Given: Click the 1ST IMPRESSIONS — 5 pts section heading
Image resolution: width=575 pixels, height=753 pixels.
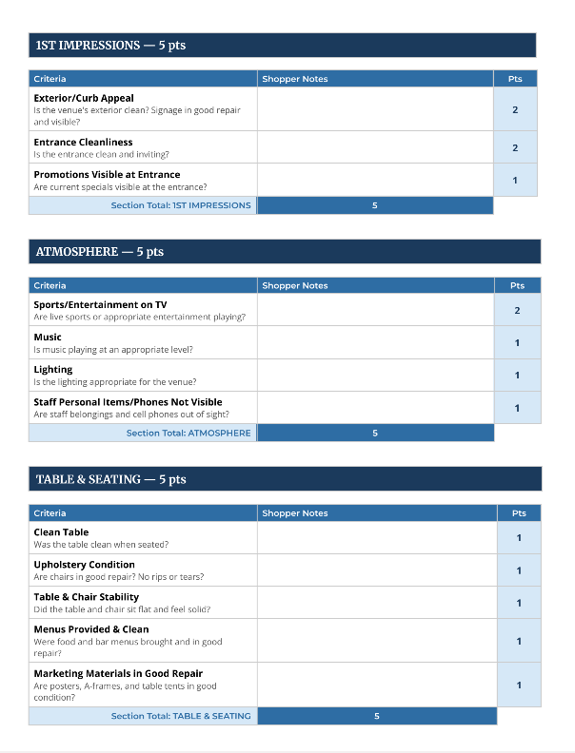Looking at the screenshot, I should tap(110, 46).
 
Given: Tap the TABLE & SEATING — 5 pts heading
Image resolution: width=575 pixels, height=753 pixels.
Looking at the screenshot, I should tap(110, 479).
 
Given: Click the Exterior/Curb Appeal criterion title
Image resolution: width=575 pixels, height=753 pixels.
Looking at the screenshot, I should tap(84, 98).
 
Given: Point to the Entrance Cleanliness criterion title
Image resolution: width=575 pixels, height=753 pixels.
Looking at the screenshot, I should tap(83, 143).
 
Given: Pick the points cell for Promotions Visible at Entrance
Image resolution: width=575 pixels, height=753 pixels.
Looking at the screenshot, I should tap(515, 181).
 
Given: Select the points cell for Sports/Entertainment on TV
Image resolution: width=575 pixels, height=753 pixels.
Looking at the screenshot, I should tap(517, 311).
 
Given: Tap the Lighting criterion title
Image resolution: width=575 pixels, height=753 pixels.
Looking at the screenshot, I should tap(53, 370).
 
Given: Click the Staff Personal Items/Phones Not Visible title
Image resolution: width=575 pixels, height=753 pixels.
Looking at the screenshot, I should tap(128, 402).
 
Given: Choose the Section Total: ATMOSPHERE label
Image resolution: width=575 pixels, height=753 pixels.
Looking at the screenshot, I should tap(188, 433).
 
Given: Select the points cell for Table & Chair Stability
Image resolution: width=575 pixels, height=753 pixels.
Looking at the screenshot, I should tap(519, 603).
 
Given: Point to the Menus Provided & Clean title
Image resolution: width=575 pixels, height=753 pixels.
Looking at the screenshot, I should tap(91, 629).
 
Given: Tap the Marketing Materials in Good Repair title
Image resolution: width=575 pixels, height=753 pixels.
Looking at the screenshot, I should tap(118, 674).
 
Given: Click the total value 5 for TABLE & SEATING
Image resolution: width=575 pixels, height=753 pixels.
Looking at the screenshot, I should tap(377, 716).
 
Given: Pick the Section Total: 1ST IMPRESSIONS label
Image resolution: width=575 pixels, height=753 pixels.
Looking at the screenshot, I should tap(181, 205).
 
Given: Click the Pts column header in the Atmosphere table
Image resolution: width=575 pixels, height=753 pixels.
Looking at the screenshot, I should tap(517, 285).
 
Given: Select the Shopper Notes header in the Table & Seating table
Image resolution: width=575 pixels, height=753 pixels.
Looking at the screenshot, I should tap(295, 513).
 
